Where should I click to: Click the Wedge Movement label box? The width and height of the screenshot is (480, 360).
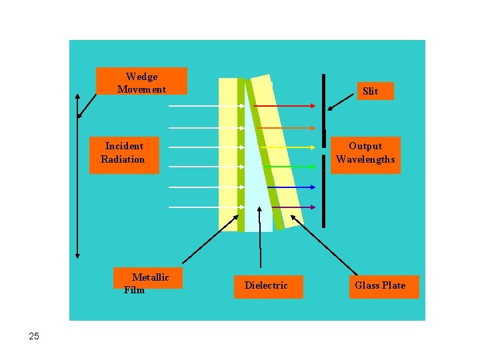click(x=141, y=81)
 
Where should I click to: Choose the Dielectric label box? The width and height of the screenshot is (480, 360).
click(x=266, y=286)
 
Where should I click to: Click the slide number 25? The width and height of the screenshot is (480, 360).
click(x=35, y=336)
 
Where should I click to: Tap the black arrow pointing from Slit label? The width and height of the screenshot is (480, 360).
click(x=341, y=100)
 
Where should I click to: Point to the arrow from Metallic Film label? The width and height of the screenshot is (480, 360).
click(x=210, y=240)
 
